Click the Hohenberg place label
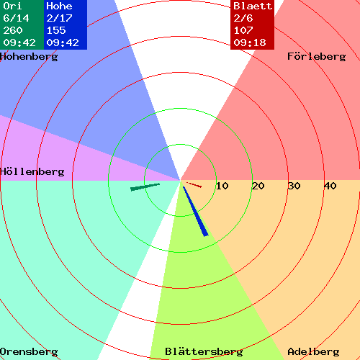pos(29,57)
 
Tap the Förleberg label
pos(317,57)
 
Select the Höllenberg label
pos(32,171)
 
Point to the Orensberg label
pos(29,352)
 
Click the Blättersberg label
pos(204,351)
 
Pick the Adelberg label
pos(313,352)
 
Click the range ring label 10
pos(222,186)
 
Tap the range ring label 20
pos(258,186)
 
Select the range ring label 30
pos(294,186)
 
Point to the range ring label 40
pos(330,186)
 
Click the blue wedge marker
pos(195,211)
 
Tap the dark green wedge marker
pos(145,187)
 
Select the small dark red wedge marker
pos(194,185)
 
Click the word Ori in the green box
pos(12,6)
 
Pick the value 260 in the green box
pos(13,30)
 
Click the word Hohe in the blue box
pos(59,6)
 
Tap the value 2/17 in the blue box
pos(59,18)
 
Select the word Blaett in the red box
pos(253,6)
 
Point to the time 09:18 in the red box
pos(250,42)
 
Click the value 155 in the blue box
pos(56,30)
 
